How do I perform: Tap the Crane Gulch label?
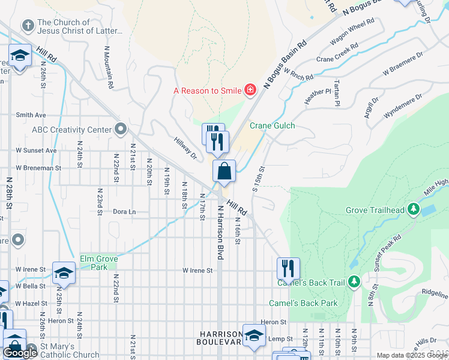[270, 126]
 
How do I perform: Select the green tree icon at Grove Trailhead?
[413, 210]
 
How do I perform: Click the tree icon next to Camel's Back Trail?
[354, 282]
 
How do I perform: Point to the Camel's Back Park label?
[303, 303]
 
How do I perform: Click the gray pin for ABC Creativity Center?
[121, 130]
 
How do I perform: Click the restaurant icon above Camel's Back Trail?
[288, 268]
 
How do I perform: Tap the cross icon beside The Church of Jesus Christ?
[27, 26]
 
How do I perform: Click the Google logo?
[20, 353]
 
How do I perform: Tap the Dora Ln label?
[124, 212]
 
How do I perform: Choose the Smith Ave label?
[31, 115]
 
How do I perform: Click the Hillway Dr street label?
[185, 148]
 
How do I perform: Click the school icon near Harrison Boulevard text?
[254, 336]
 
